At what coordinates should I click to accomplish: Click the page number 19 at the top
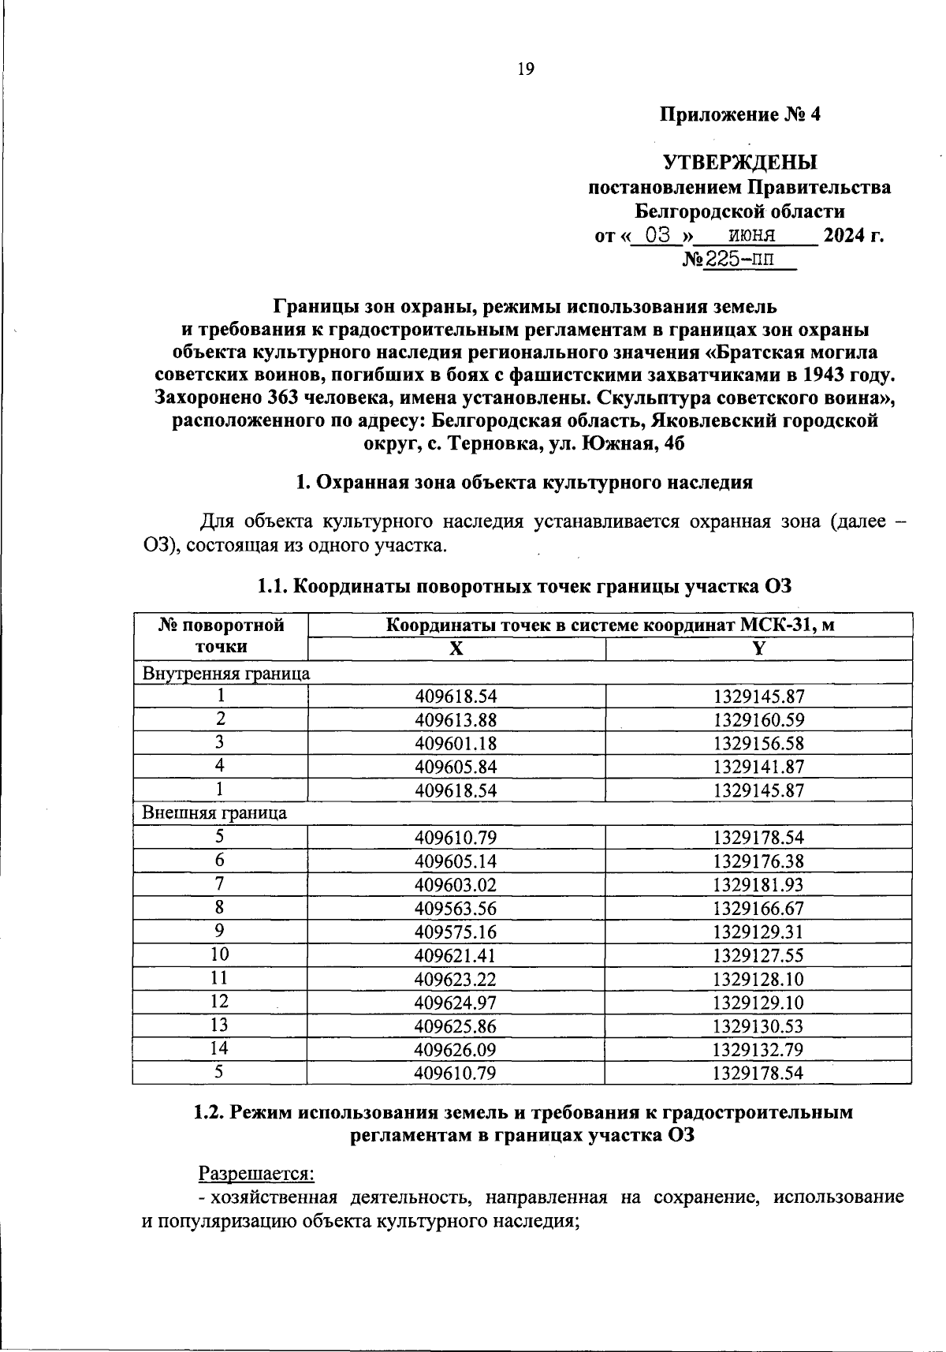tap(526, 69)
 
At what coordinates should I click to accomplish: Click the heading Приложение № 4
tap(739, 115)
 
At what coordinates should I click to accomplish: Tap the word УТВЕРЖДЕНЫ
tap(740, 163)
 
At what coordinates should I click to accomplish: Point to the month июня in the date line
tap(752, 235)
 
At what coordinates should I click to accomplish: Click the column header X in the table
tap(456, 648)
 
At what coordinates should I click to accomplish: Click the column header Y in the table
tap(758, 648)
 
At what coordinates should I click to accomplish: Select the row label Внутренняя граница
tap(225, 673)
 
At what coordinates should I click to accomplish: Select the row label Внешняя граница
tap(214, 812)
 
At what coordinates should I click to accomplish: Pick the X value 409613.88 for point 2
tap(456, 720)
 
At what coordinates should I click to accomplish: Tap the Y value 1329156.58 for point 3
tap(758, 744)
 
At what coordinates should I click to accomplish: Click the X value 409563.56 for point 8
tap(456, 908)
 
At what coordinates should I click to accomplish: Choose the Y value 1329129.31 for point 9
tap(758, 932)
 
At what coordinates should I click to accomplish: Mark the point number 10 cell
tap(220, 954)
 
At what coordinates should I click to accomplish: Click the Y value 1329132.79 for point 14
tap(758, 1049)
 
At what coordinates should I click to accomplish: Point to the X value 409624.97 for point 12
tap(456, 1002)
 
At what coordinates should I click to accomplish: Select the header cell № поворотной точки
tap(221, 636)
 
